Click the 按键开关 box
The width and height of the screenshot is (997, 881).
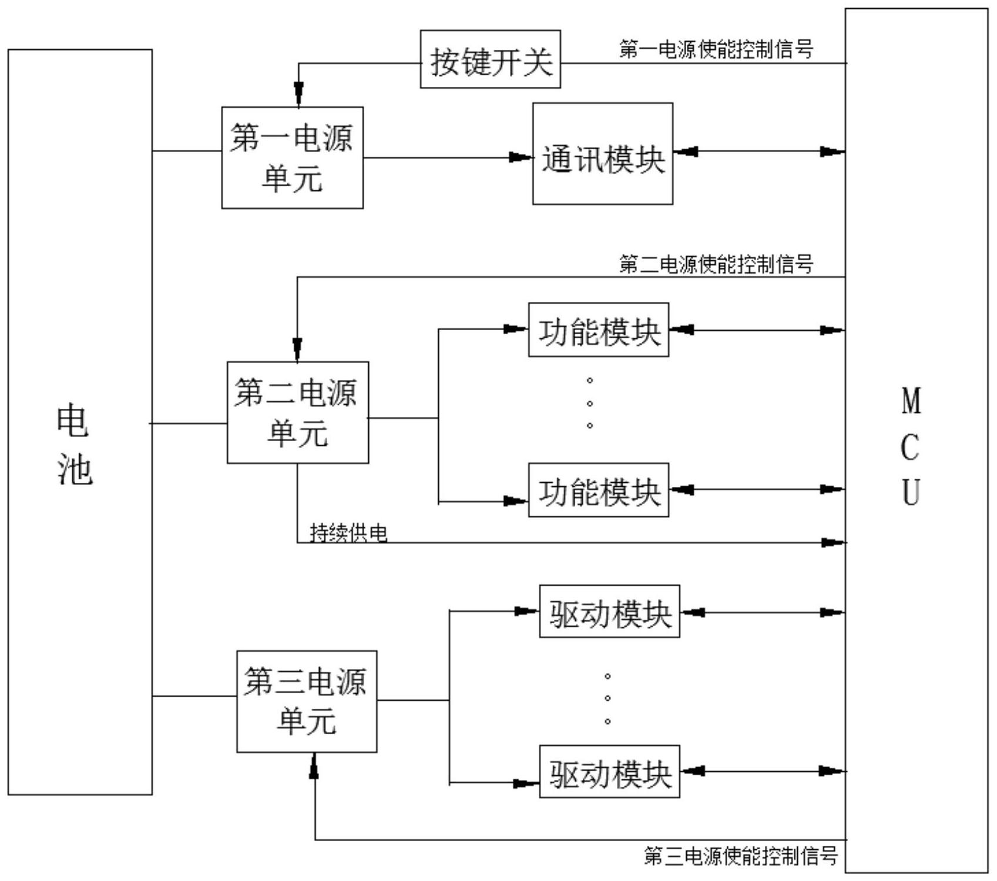pos(490,59)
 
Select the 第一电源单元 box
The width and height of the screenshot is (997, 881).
pos(292,157)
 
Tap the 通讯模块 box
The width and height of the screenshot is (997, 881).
pos(602,154)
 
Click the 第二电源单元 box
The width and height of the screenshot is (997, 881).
pos(298,412)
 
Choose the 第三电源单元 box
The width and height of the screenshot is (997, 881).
pos(307,701)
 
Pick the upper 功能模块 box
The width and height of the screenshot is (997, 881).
pos(598,330)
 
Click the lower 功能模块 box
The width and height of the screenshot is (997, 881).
pos(598,490)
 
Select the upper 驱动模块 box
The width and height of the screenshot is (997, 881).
pos(609,611)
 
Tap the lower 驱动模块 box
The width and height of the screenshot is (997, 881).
pos(609,772)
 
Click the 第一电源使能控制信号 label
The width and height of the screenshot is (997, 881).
pos(716,49)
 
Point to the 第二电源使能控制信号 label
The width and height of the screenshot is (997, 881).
pos(716,264)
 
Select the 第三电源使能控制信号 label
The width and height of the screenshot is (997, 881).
pos(740,856)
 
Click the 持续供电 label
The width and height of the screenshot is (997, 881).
pos(348,533)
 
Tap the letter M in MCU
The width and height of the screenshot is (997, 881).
pos(911,401)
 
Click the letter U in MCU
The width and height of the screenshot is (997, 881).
pos(911,492)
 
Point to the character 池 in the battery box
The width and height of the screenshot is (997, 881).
pos(75,470)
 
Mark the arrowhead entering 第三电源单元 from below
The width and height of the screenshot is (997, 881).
pos(314,765)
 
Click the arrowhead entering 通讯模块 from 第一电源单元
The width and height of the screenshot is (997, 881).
pos(521,157)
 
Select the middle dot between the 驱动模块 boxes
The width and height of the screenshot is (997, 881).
pos(607,698)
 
